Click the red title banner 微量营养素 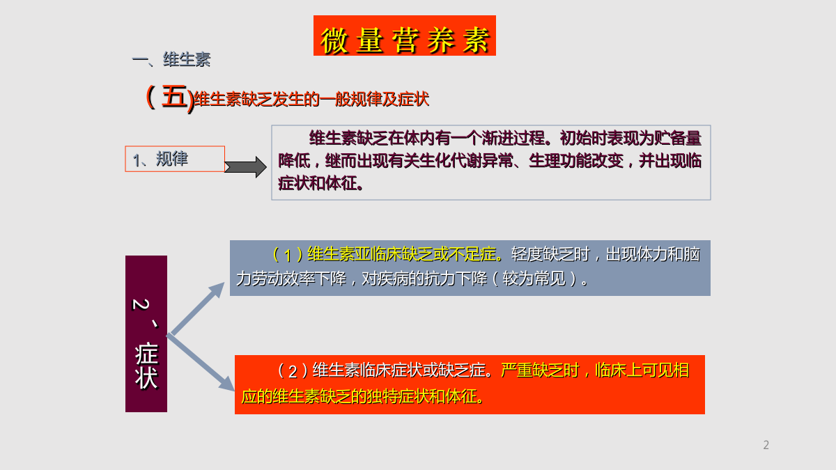point(405,36)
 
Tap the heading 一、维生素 point(171,60)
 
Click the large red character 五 point(174,96)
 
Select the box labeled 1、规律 point(175,159)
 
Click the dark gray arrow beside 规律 point(245,167)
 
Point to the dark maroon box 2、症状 point(146,334)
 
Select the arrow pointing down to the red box point(201,363)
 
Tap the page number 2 point(766,445)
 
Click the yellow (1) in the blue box point(288,255)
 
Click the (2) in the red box point(293,370)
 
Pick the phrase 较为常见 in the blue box point(534,279)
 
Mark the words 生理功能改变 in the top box point(576,161)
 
